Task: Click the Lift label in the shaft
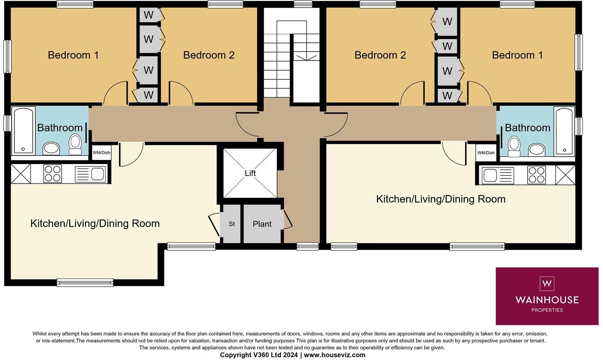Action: (x=250, y=173)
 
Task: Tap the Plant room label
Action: (x=262, y=224)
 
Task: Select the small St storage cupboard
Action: (x=232, y=224)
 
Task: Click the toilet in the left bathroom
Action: (x=75, y=144)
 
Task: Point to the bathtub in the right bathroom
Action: (x=564, y=131)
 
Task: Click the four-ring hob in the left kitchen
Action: (x=52, y=173)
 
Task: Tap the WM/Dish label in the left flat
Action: (x=101, y=153)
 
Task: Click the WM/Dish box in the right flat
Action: (x=486, y=153)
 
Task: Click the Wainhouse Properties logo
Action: (x=547, y=296)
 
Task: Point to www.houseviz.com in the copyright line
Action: (x=334, y=355)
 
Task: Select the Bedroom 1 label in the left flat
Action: (x=73, y=55)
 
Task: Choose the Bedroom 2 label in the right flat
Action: (x=380, y=55)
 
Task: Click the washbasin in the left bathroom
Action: (x=51, y=148)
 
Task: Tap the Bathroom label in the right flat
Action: (x=527, y=128)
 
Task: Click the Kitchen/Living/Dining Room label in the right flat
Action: (x=440, y=199)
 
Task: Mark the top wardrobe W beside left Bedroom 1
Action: (x=149, y=15)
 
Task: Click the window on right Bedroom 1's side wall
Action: (x=578, y=52)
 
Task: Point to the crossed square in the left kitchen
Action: (x=20, y=173)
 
